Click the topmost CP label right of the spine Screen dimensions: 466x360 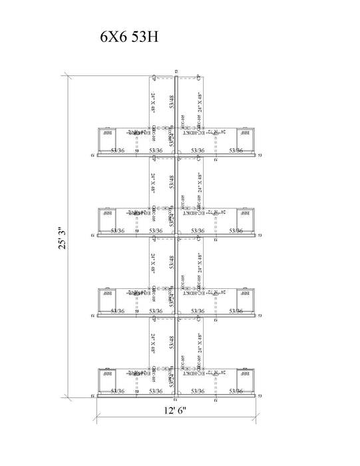tap(200, 77)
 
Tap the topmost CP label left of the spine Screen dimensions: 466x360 tap(153, 77)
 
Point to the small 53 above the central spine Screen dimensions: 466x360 tap(176, 71)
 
